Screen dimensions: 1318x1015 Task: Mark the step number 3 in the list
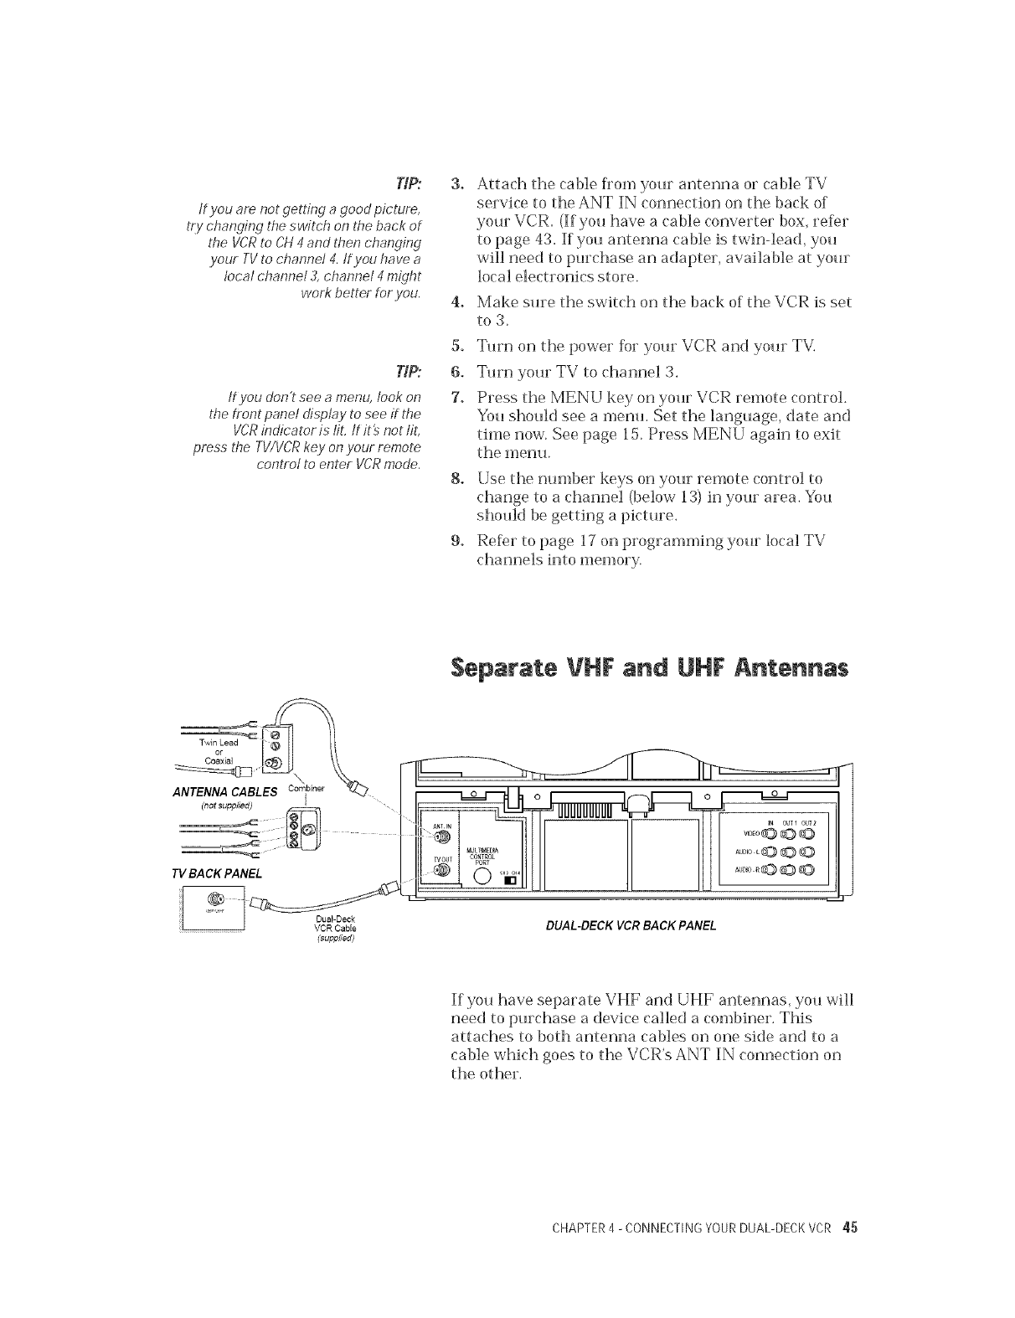click(x=456, y=183)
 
